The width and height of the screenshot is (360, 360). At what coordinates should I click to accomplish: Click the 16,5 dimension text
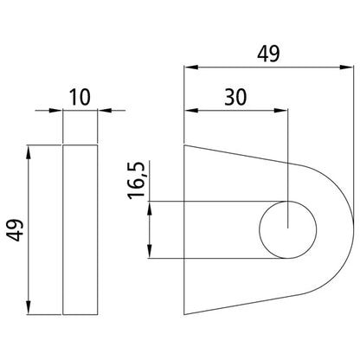pyautogui.click(x=136, y=179)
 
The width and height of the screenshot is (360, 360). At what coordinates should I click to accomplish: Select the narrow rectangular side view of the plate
pyautogui.click(x=80, y=230)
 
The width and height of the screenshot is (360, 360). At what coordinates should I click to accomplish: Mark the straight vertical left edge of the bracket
pyautogui.click(x=184, y=229)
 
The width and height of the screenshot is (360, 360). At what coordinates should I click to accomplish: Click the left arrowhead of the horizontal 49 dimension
pyautogui.click(x=190, y=67)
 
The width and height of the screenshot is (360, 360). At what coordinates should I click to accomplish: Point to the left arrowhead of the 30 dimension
pyautogui.click(x=190, y=111)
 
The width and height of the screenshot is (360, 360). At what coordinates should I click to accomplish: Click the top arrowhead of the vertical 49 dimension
pyautogui.click(x=32, y=151)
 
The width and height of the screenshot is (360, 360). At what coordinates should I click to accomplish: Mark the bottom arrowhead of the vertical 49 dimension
pyautogui.click(x=32, y=310)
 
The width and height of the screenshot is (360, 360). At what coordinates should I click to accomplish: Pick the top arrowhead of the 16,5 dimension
pyautogui.click(x=151, y=208)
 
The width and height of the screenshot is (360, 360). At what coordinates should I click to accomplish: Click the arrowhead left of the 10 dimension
pyautogui.click(x=58, y=110)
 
